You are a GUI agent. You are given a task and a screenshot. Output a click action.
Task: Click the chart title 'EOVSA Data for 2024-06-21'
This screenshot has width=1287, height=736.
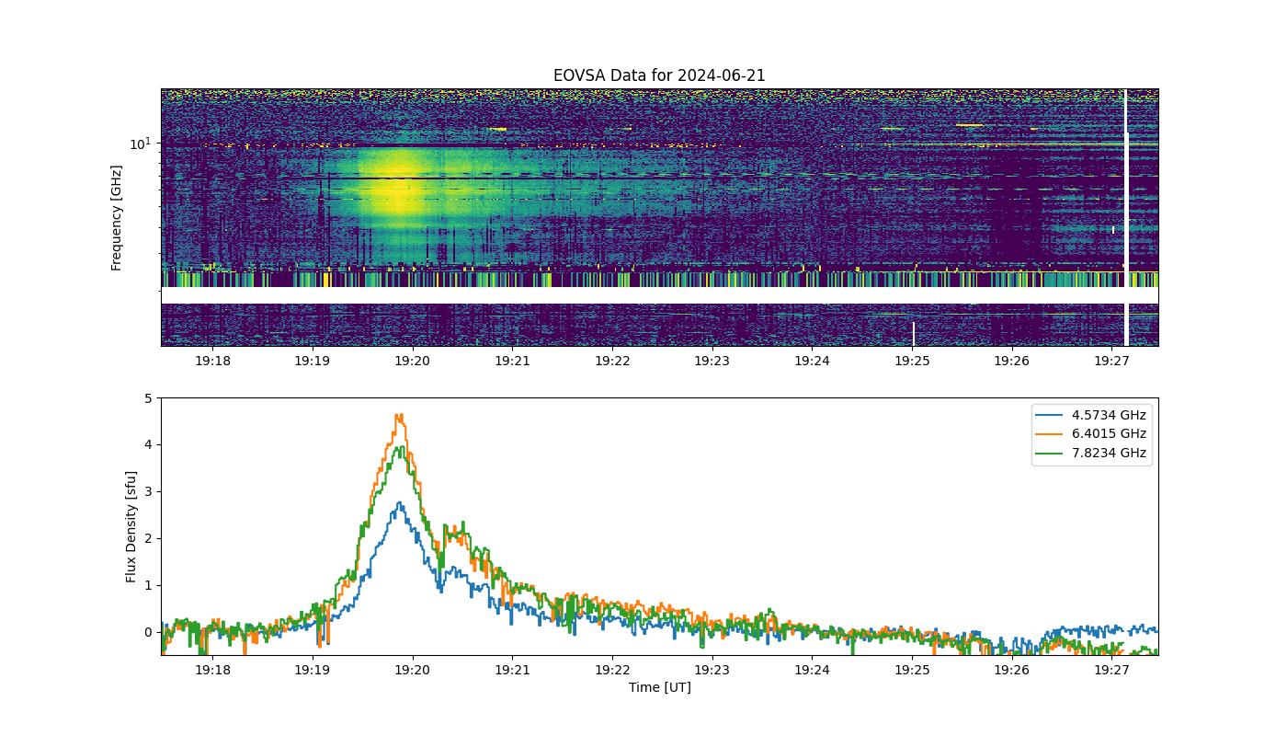tap(659, 75)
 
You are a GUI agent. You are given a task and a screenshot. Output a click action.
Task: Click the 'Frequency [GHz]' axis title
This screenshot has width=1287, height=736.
tap(117, 218)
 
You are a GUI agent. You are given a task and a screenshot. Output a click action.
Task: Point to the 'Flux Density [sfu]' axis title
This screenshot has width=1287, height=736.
tap(131, 527)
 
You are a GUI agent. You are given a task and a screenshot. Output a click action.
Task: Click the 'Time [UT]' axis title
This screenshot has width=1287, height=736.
tap(659, 687)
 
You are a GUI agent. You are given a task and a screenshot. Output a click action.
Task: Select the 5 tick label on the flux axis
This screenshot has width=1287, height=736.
tap(148, 398)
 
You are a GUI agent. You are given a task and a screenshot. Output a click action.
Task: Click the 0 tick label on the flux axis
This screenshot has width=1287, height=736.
tap(148, 632)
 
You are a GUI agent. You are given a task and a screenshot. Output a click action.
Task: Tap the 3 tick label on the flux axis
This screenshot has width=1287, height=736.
tap(148, 492)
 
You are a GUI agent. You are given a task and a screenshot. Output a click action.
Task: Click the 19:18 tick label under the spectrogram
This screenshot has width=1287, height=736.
tap(212, 361)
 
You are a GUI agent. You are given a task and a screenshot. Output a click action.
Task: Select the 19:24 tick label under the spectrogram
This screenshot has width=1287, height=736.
tap(812, 361)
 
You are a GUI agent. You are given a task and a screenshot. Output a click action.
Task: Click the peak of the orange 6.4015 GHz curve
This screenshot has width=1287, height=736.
tap(399, 416)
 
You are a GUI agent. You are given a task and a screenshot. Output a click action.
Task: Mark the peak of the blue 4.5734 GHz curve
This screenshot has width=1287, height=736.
tap(399, 503)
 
